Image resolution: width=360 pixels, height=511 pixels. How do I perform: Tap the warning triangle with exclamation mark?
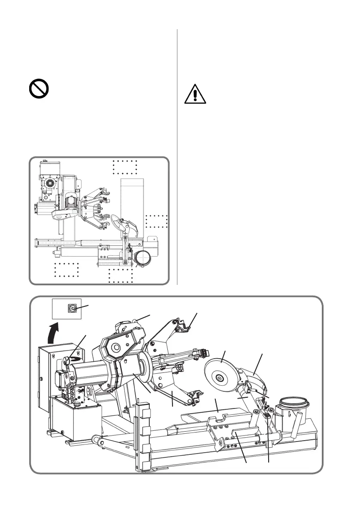tap(195, 95)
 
